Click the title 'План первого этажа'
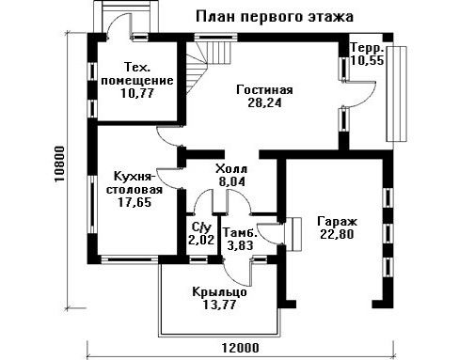(x=275, y=16)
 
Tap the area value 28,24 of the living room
(x=264, y=102)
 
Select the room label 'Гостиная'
(x=264, y=90)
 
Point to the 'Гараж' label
(x=337, y=222)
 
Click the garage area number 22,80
(x=337, y=234)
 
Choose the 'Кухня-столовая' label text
(x=135, y=183)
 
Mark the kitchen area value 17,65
(x=135, y=202)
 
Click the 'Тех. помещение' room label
(x=137, y=73)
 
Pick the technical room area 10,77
(x=137, y=93)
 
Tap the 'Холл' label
(x=231, y=169)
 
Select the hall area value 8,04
(x=232, y=181)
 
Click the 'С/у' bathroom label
(x=201, y=227)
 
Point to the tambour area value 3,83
(x=240, y=245)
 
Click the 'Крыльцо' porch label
(x=219, y=292)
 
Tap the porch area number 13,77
(x=219, y=305)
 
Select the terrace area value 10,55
(x=367, y=60)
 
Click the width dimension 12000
(x=241, y=348)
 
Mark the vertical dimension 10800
(x=59, y=164)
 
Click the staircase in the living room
(x=209, y=62)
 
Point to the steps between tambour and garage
(x=293, y=234)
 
